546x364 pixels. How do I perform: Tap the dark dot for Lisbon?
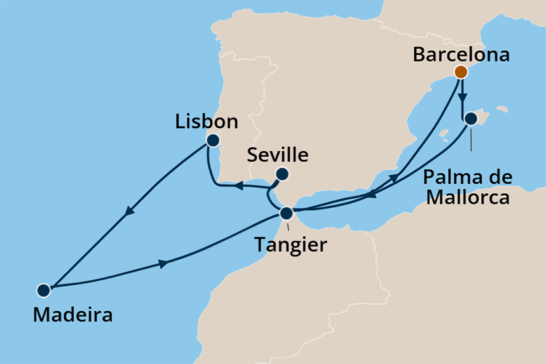coord(212,140)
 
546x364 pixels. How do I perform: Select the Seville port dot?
coord(283,174)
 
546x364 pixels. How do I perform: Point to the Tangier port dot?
coord(287,213)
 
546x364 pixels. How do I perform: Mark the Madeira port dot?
coord(43,290)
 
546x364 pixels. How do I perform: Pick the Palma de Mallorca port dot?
coord(470,118)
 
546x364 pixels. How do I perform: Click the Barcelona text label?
coord(461,55)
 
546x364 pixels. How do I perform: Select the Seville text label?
coord(278,155)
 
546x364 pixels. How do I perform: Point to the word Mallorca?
coord(467,197)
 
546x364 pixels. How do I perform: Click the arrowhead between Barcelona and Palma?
coord(463,97)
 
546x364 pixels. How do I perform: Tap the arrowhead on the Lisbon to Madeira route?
coord(131,212)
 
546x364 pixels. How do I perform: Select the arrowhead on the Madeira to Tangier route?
coord(165,263)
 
